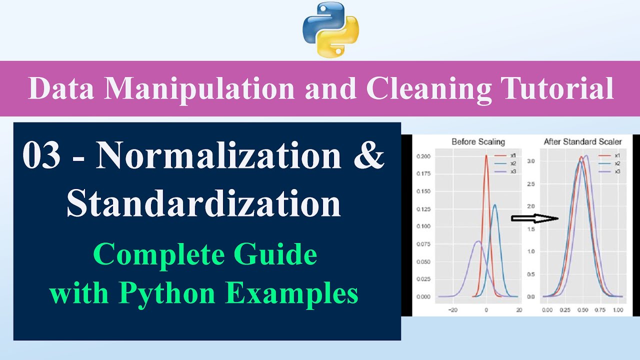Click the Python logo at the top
click(x=330, y=29)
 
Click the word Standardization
click(x=203, y=203)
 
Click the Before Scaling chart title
click(x=478, y=142)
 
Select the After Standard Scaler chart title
click(x=582, y=142)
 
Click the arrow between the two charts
click(x=534, y=218)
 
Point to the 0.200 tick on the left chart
click(x=423, y=156)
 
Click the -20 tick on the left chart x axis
click(x=453, y=310)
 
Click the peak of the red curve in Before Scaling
click(x=486, y=155)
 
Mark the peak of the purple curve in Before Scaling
click(x=478, y=241)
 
